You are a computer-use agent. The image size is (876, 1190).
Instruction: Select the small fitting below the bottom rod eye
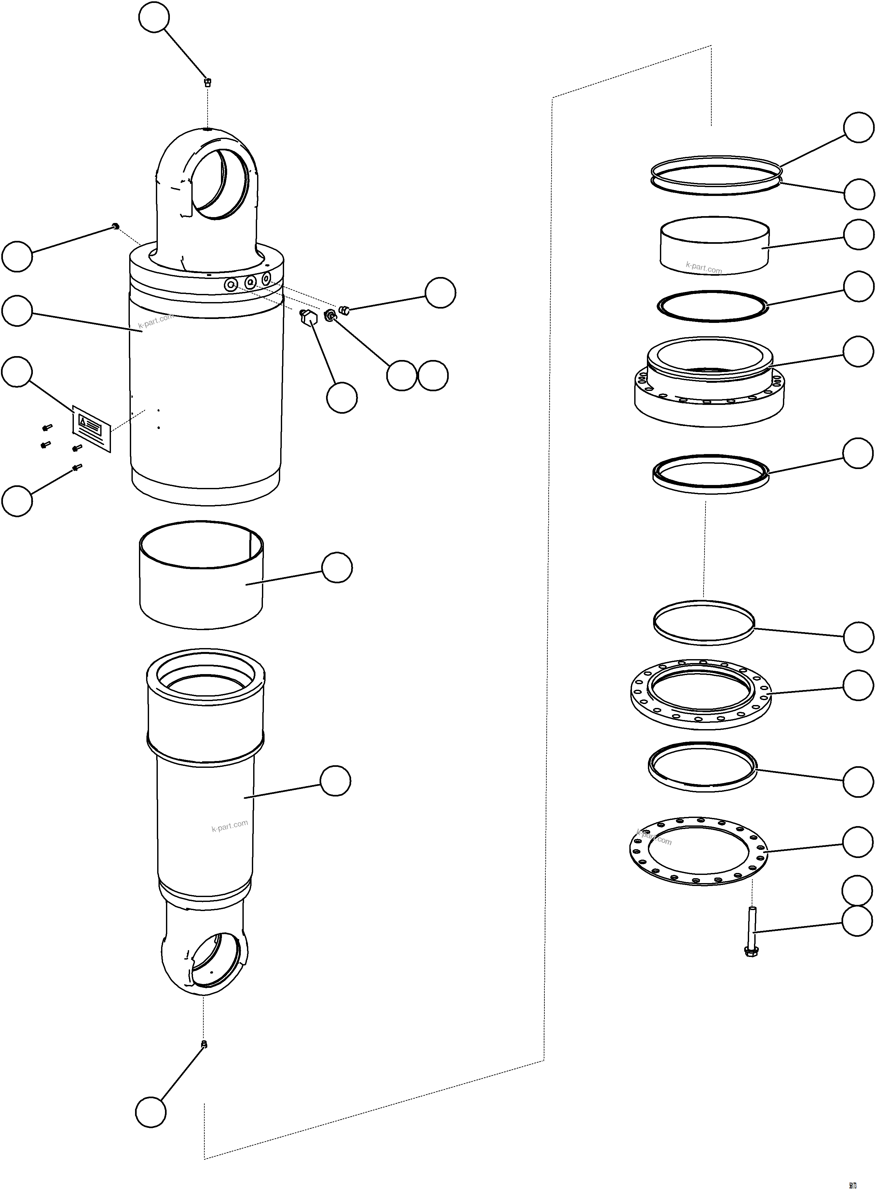pyautogui.click(x=204, y=1045)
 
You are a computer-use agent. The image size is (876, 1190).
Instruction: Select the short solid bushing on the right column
pyautogui.click(x=714, y=245)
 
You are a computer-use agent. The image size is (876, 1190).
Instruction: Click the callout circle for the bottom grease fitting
pyautogui.click(x=151, y=1112)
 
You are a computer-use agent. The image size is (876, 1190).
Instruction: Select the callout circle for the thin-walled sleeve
pyautogui.click(x=337, y=567)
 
